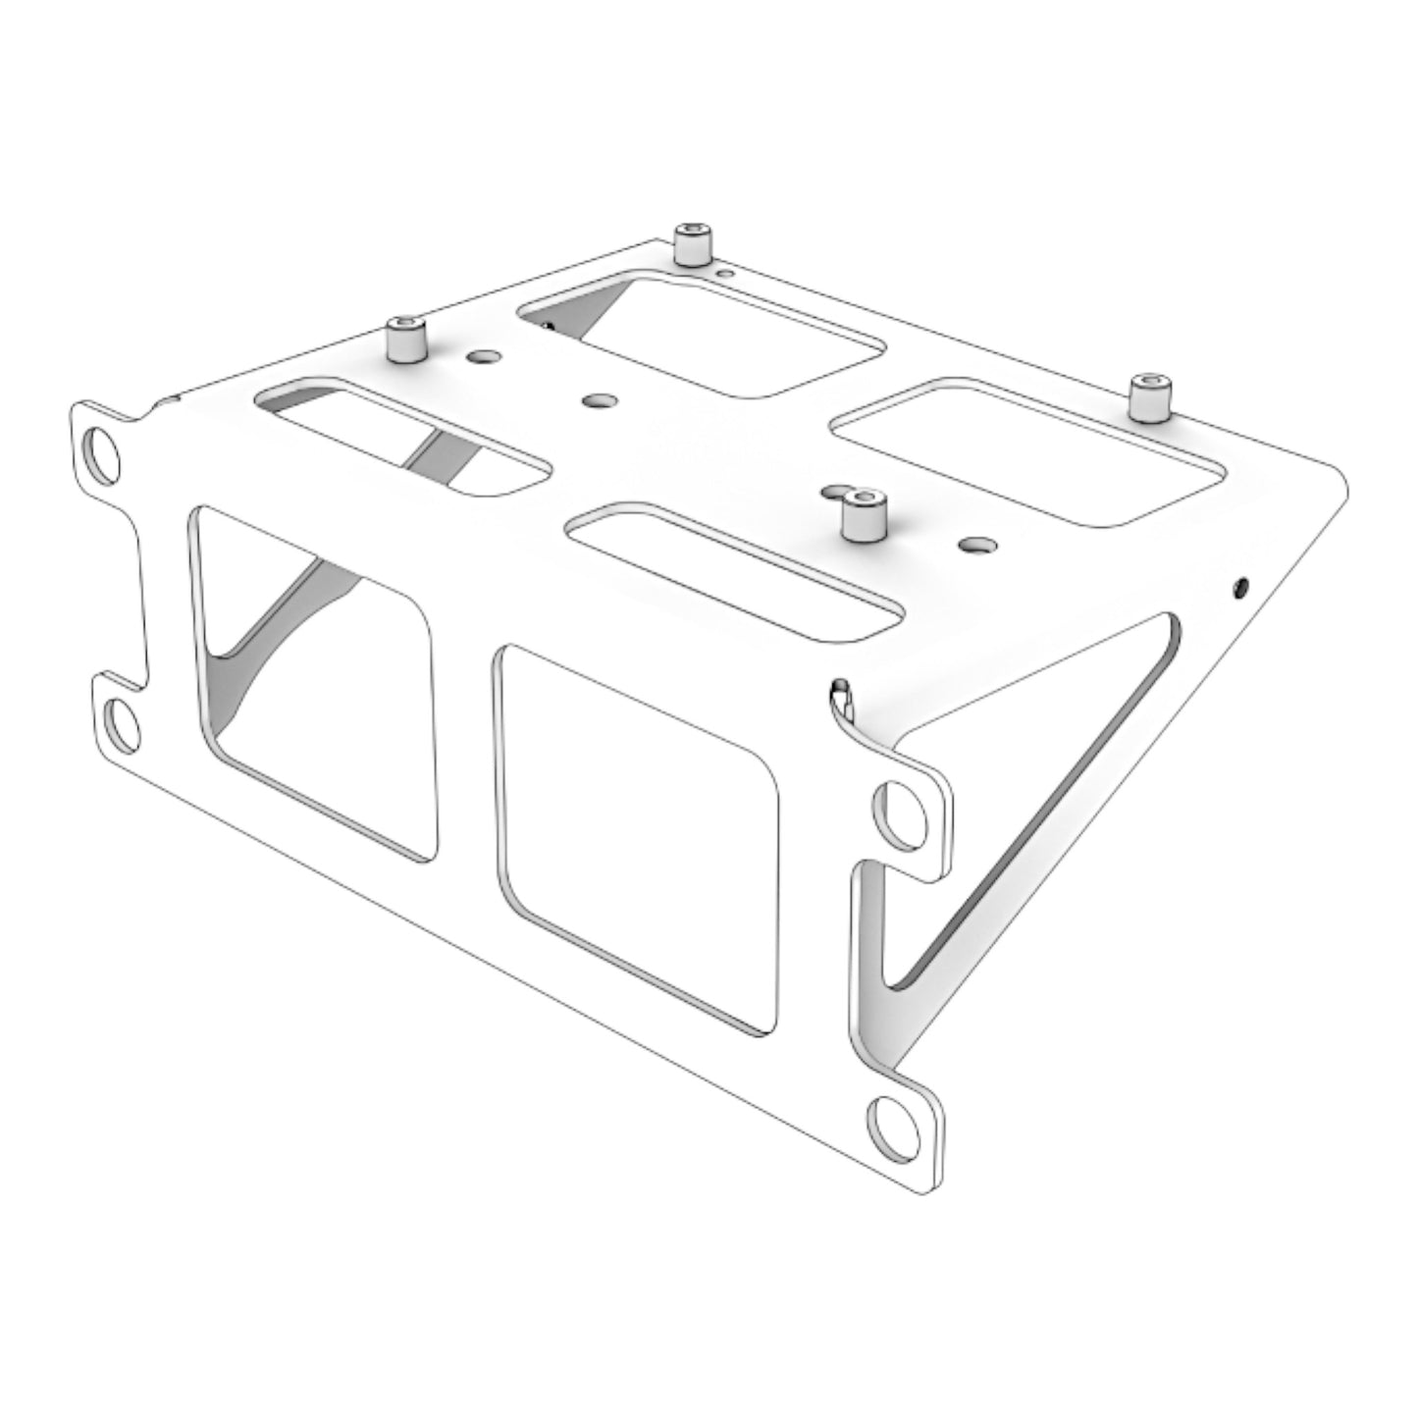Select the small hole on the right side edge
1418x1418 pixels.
pyautogui.click(x=1240, y=588)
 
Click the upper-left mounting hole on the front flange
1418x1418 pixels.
pyautogui.click(x=102, y=451)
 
